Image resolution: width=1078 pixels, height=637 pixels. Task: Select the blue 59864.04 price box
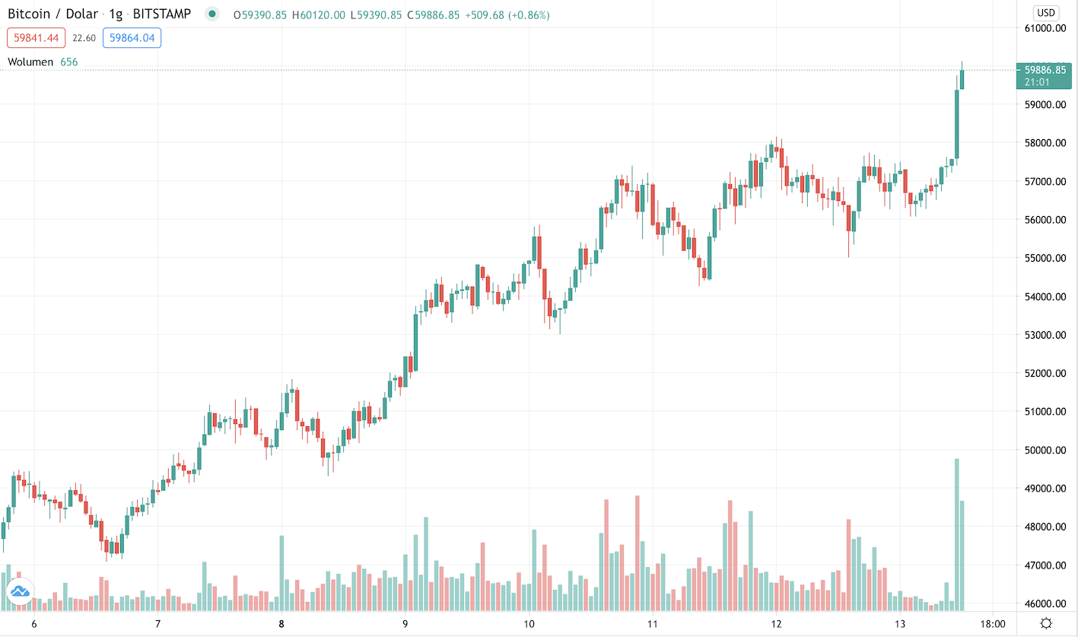coord(133,37)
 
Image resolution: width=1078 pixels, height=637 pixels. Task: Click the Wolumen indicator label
coord(30,62)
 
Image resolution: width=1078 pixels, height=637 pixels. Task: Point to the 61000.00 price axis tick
coord(1045,28)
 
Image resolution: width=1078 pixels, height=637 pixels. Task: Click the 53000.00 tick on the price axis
coord(1045,335)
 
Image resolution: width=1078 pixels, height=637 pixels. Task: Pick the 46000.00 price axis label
coord(1045,604)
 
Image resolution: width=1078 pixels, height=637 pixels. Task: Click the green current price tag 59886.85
coord(1047,75)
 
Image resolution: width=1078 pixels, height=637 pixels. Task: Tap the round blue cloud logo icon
coord(19,591)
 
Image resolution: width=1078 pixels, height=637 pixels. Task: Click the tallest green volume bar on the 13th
coord(956,533)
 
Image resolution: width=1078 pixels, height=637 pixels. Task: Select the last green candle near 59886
coord(962,79)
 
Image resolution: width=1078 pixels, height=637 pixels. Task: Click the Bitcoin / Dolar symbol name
coord(55,14)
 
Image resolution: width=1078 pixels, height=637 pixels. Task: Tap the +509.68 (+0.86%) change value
coord(506,15)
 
